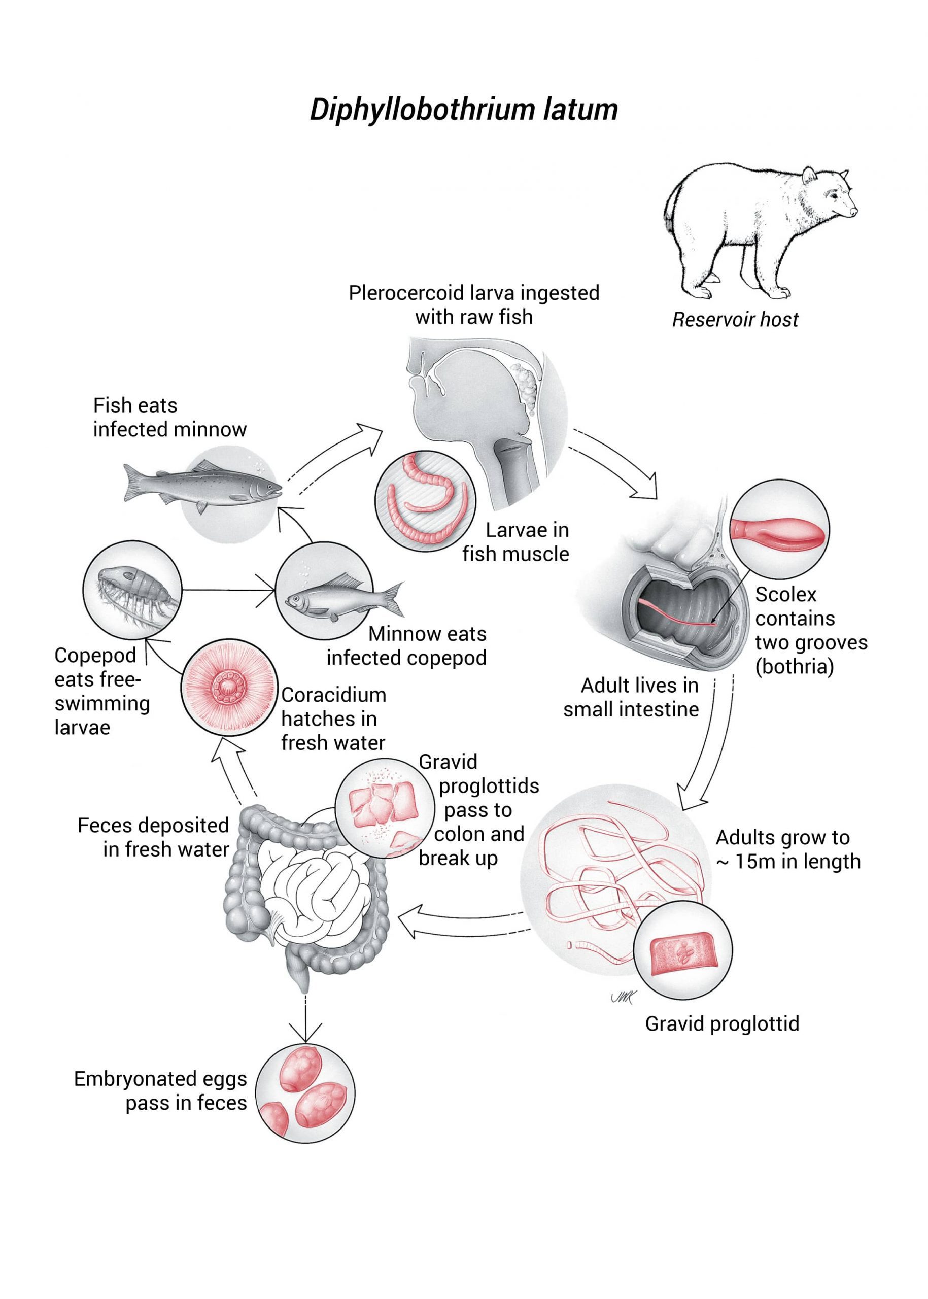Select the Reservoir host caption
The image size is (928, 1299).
pyautogui.click(x=735, y=320)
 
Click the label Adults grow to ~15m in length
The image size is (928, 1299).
pyautogui.click(x=787, y=849)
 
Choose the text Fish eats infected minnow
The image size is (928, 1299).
pyautogui.click(x=169, y=417)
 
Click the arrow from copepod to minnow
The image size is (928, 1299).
pyautogui.click(x=228, y=589)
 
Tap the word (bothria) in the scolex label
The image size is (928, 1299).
pyautogui.click(x=794, y=666)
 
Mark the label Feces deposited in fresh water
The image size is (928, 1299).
pyautogui.click(x=153, y=837)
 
